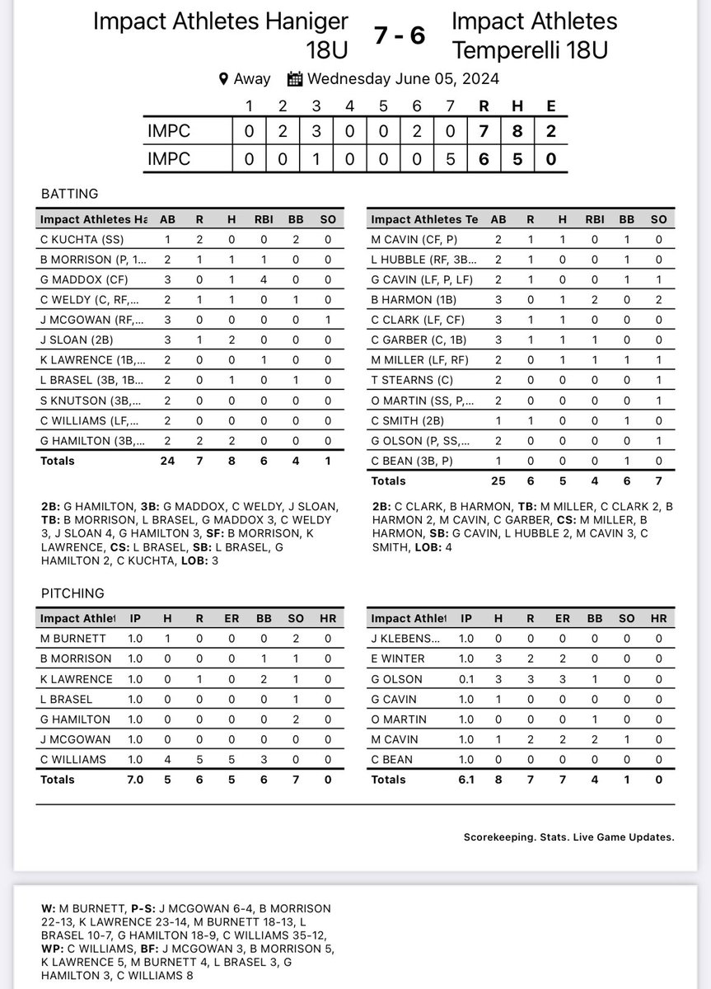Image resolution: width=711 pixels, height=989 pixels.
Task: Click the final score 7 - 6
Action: (400, 35)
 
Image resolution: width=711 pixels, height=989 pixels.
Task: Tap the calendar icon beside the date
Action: (295, 79)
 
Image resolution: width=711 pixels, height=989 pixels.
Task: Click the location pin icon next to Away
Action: (223, 79)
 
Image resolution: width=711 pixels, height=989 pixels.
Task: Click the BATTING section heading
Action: (69, 195)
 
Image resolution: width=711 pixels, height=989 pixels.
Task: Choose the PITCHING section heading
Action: (73, 593)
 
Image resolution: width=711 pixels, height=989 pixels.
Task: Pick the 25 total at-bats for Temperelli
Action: (497, 480)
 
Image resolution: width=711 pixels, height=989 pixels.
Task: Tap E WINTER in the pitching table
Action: (399, 659)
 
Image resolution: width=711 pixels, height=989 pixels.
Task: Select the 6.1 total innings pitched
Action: (466, 779)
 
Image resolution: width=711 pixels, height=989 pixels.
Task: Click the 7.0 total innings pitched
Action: (134, 779)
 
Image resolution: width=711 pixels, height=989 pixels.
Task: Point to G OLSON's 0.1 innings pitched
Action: (466, 679)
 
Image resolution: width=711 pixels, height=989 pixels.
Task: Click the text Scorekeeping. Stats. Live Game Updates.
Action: (568, 837)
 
